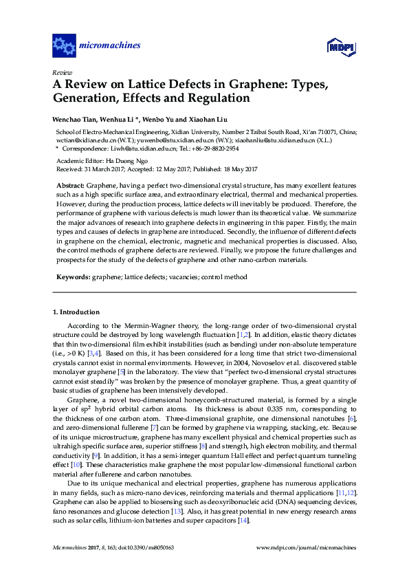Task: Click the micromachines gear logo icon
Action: pyautogui.click(x=64, y=46)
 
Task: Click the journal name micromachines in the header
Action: pyautogui.click(x=110, y=46)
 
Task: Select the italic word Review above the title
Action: pyautogui.click(x=62, y=72)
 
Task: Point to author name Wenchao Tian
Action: pyautogui.click(x=76, y=119)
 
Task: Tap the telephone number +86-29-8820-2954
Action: pyautogui.click(x=211, y=149)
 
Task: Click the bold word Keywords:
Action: pyautogui.click(x=73, y=276)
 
